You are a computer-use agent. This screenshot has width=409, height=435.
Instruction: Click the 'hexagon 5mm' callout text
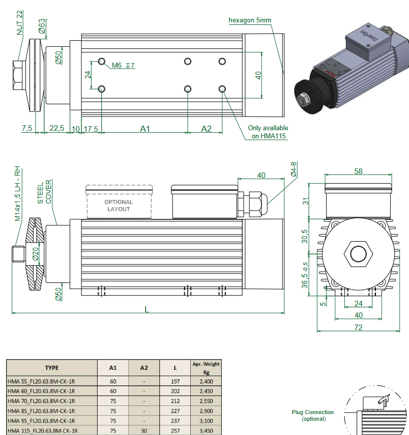[250, 20]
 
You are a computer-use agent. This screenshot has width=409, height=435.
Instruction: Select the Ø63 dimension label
[42, 26]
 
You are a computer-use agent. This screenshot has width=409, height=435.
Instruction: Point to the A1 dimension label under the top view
[145, 129]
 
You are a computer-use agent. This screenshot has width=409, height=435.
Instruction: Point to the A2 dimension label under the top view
[206, 129]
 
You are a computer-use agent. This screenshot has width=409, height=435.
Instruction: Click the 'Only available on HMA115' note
[268, 132]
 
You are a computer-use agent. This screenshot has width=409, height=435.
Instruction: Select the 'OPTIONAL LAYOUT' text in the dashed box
[119, 206]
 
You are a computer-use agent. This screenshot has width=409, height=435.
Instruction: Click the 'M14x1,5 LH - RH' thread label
[18, 193]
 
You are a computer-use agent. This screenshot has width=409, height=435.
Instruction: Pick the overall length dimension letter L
[147, 309]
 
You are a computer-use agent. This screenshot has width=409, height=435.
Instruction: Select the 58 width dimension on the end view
[359, 171]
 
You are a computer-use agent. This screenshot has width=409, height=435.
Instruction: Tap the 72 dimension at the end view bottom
[359, 328]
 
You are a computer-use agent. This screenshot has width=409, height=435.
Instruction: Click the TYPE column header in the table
[51, 368]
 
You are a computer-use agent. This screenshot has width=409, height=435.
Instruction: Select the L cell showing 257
[175, 430]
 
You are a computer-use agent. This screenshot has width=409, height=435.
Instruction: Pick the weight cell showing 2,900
[206, 411]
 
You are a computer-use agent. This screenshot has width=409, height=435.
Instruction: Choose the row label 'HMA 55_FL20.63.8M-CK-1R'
[42, 381]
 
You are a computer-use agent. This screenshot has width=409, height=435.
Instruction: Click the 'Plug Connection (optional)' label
[313, 415]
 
